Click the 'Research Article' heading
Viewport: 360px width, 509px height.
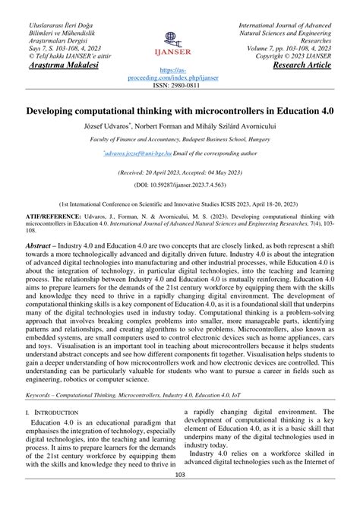302,65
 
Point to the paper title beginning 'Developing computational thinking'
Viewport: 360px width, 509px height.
180,112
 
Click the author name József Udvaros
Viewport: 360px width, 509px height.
106,125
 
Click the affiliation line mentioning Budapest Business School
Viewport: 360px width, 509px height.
180,140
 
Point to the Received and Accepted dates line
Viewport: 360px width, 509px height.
180,173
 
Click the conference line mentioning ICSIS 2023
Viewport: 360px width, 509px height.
180,204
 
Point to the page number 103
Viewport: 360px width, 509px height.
180,496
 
